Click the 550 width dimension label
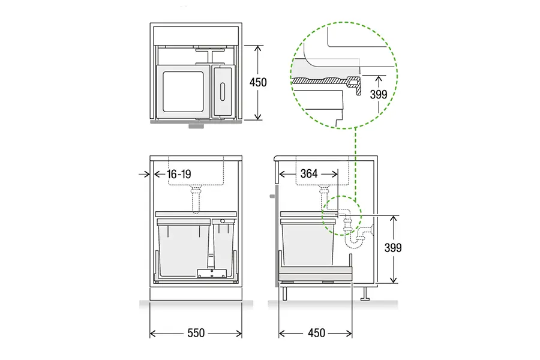(196, 333)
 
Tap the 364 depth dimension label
(309, 173)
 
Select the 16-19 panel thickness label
(179, 174)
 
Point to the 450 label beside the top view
(258, 82)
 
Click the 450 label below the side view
(316, 333)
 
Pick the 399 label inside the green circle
(379, 94)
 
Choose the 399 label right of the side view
(393, 248)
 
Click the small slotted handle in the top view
(223, 91)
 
